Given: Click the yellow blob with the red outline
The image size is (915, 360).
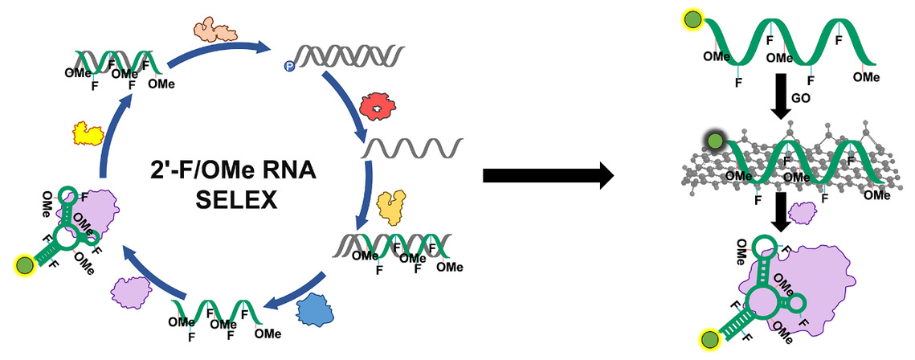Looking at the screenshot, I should pyautogui.click(x=84, y=133).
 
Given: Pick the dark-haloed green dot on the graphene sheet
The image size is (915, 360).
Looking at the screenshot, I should pyautogui.click(x=714, y=145).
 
